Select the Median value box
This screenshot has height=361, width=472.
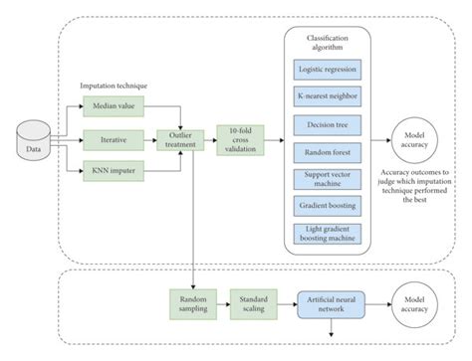(x=116, y=102)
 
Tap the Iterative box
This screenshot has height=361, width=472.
(x=116, y=140)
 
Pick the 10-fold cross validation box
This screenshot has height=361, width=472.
(x=242, y=140)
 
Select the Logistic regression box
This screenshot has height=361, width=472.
(x=331, y=69)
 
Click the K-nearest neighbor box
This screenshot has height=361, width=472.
(x=331, y=97)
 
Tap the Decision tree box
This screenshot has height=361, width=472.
(x=331, y=126)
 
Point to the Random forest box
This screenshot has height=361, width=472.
(x=331, y=155)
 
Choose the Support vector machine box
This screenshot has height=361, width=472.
(x=331, y=181)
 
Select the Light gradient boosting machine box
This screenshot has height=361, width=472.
(x=331, y=234)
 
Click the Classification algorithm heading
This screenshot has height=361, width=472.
(x=331, y=42)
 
